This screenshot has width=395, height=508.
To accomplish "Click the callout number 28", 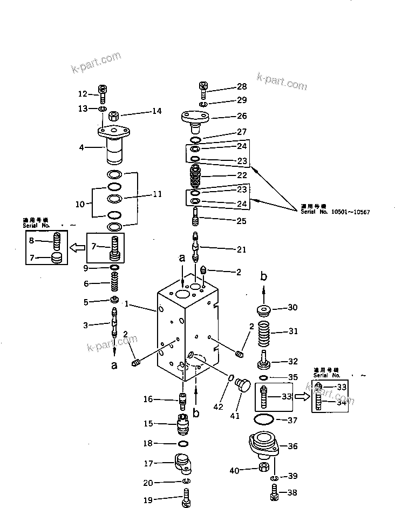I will click(241, 87).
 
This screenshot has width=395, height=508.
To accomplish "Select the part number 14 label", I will click(156, 111).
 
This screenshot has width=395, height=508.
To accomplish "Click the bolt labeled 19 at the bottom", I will click(186, 498).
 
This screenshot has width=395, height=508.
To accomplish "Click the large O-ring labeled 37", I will click(263, 419).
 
